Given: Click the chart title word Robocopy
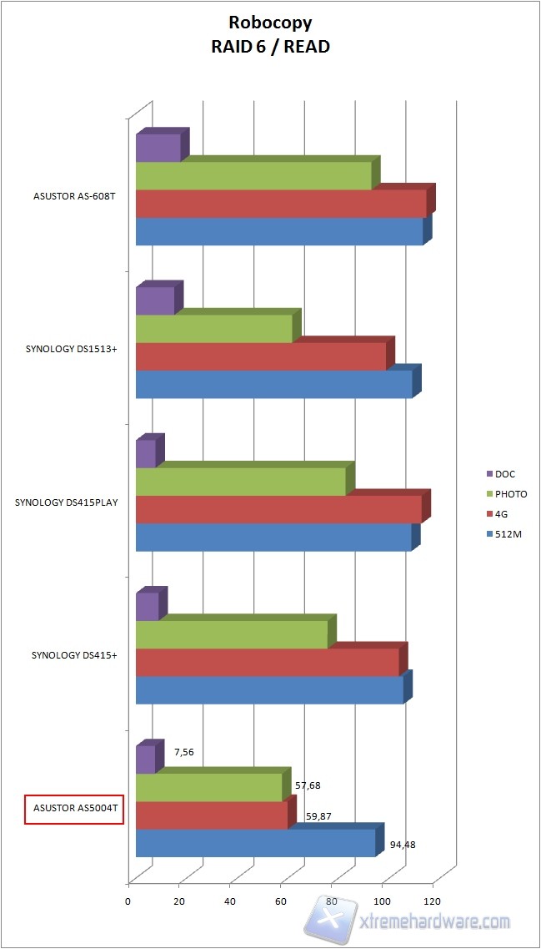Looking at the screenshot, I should click(269, 24).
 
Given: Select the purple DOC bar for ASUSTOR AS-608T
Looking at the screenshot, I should click(158, 148).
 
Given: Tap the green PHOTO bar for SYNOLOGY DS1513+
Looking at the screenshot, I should click(213, 329).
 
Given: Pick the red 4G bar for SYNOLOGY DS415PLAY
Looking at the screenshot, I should click(278, 509).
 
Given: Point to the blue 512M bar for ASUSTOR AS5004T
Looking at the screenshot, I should click(255, 843).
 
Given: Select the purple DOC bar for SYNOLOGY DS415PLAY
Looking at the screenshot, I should click(146, 453).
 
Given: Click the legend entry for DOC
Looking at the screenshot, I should click(504, 474).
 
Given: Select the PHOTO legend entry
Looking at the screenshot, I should click(510, 494).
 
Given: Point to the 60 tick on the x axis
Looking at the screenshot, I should click(281, 901).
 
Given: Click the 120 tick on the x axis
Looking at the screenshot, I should click(433, 901).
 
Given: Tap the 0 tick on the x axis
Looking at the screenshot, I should click(128, 901).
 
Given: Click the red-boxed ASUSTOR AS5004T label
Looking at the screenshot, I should click(74, 809).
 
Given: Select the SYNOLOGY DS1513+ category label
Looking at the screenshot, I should click(71, 349).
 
